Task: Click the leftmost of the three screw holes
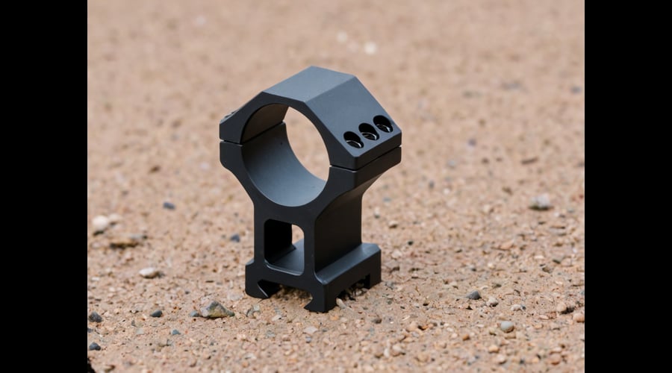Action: coord(352,139)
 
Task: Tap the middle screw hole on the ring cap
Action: coord(368,131)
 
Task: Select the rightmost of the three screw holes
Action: coord(383,124)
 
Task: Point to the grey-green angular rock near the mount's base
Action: coord(214,309)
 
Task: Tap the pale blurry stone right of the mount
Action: coord(541,201)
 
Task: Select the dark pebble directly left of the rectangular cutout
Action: coord(235,238)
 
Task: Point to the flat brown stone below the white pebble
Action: coord(124,242)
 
